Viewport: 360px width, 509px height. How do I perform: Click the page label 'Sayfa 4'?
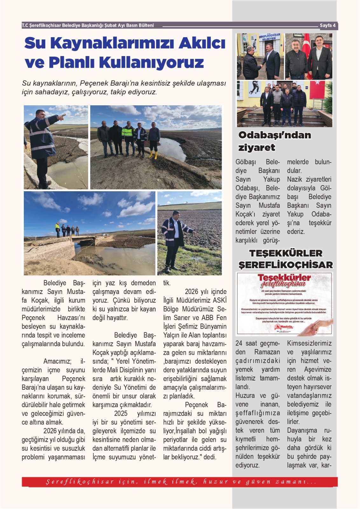click(x=327, y=25)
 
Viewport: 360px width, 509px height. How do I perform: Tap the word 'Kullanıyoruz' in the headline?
click(x=152, y=62)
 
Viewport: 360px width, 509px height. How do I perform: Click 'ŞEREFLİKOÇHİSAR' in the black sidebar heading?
click(x=286, y=265)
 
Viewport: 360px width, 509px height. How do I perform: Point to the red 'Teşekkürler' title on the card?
click(x=284, y=278)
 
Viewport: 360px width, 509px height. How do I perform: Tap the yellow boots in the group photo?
click(x=153, y=155)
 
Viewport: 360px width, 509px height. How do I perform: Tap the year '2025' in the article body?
click(x=121, y=414)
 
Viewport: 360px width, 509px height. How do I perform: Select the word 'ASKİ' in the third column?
click(x=220, y=300)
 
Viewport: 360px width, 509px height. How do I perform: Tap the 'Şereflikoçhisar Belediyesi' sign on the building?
click(x=269, y=37)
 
